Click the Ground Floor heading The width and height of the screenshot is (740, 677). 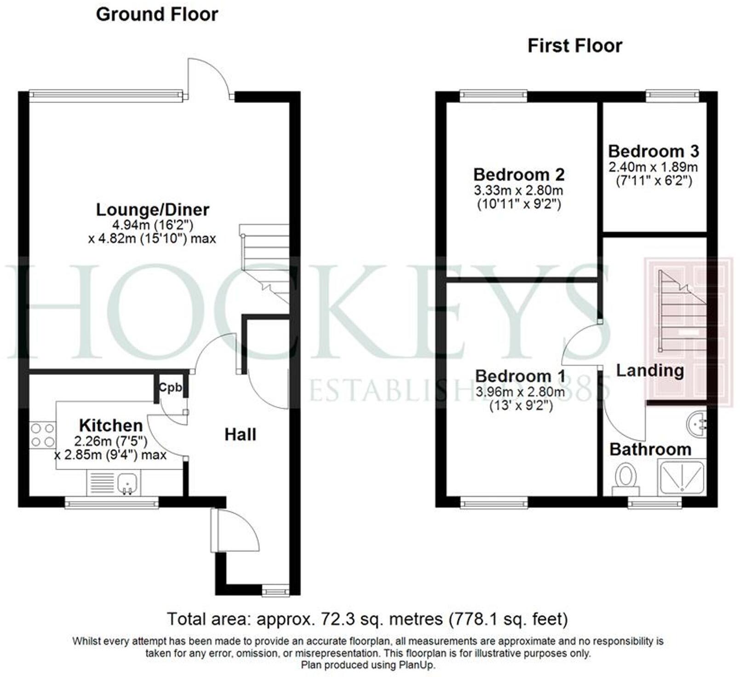click(x=157, y=15)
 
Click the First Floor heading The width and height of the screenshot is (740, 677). click(x=574, y=46)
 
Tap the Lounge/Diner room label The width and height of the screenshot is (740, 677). click(x=152, y=210)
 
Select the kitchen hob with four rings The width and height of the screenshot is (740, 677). click(x=42, y=435)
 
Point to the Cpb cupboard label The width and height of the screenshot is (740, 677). click(x=170, y=387)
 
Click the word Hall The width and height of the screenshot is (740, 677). click(x=240, y=435)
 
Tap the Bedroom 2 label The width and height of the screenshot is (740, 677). click(x=519, y=175)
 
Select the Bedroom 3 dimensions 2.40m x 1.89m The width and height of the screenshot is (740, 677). click(x=653, y=167)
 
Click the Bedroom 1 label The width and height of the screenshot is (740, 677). click(x=520, y=376)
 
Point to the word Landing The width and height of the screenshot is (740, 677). click(x=649, y=370)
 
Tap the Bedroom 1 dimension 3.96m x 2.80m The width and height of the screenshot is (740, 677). click(x=520, y=392)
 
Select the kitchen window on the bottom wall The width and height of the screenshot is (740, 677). click(x=112, y=503)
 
